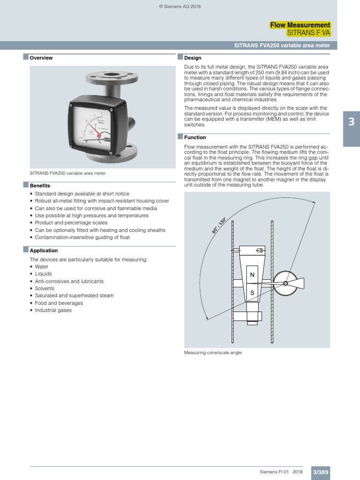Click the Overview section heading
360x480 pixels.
tap(41, 58)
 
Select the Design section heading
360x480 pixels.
tap(192, 58)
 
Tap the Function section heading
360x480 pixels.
tap(195, 137)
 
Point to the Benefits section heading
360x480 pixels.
tap(40, 186)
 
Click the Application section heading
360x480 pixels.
tap(44, 250)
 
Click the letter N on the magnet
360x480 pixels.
tap(252, 275)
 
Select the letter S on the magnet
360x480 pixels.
tap(252, 292)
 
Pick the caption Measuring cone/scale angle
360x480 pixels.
tap(213, 352)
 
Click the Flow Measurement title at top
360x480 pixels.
tap(300, 25)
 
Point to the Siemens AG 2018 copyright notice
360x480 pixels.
tap(180, 6)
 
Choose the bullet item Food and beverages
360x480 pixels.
tap(59, 303)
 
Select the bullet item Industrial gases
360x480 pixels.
tap(53, 310)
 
